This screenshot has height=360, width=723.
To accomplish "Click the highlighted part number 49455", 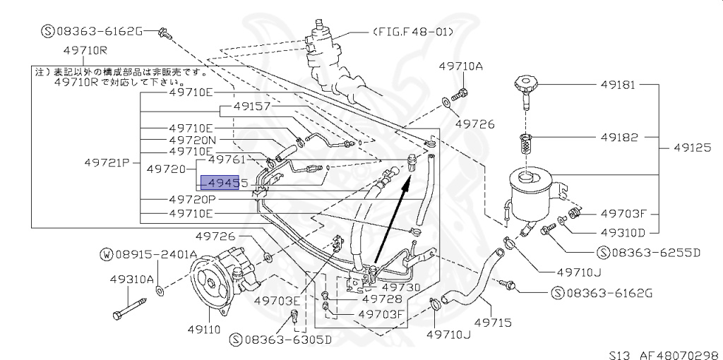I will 224,184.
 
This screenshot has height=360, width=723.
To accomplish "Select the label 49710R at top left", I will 84,52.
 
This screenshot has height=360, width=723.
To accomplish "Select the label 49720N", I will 191,140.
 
